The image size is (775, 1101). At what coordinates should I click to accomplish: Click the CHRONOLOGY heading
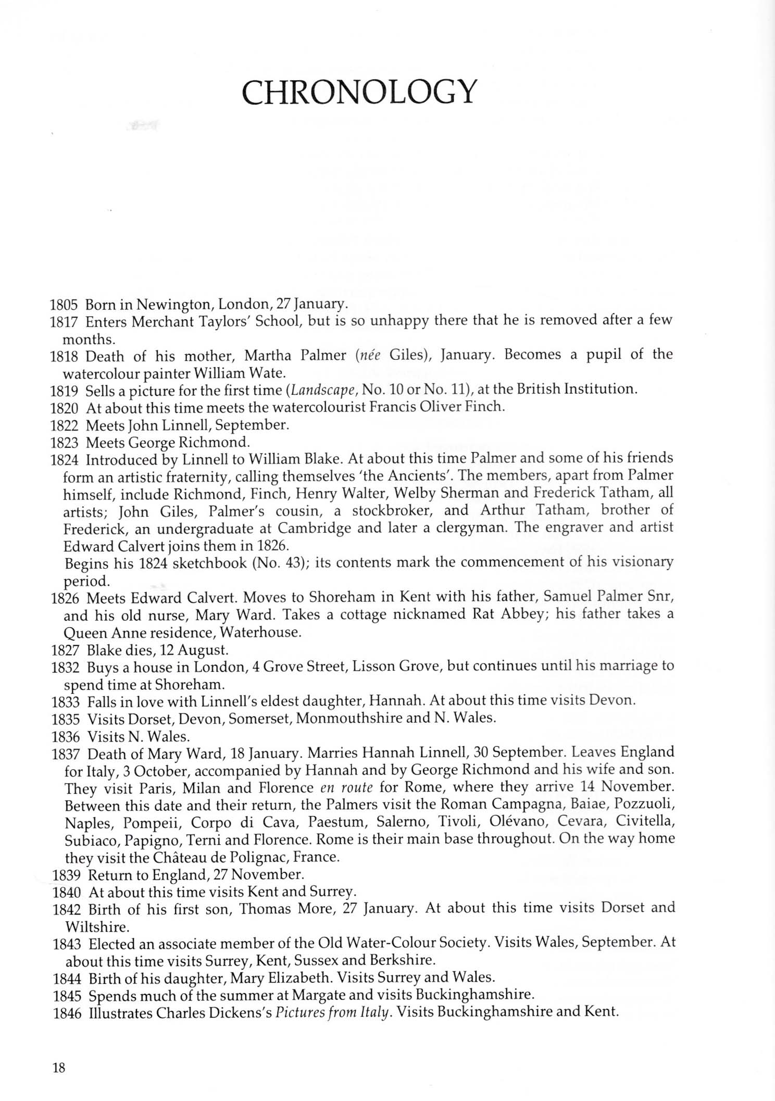pos(359,92)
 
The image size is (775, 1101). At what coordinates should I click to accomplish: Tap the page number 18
pos(59,1068)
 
